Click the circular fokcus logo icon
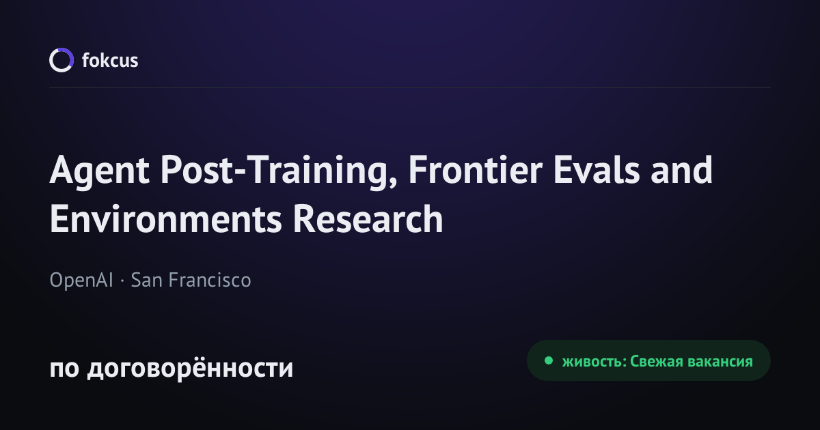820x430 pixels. (x=52, y=60)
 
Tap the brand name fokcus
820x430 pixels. (x=110, y=60)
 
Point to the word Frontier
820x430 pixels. (x=475, y=170)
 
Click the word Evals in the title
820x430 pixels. (x=597, y=170)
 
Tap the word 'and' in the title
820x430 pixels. (x=682, y=170)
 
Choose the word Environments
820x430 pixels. (x=166, y=218)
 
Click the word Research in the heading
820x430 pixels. (x=368, y=218)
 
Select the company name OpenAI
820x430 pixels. (x=81, y=281)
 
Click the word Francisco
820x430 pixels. (x=210, y=280)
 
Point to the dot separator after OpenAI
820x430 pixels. (x=122, y=281)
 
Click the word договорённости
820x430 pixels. (x=190, y=368)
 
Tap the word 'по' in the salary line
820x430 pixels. (x=64, y=369)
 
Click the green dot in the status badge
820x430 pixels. (x=548, y=360)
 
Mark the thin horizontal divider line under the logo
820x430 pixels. (x=410, y=88)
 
